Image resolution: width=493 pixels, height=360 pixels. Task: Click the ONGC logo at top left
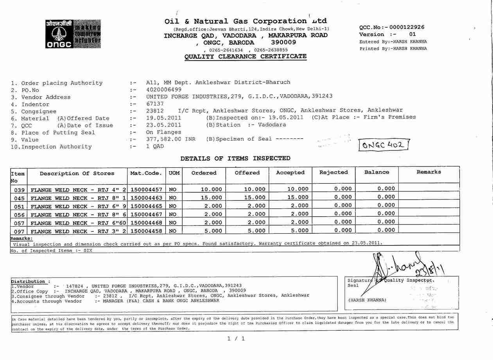tap(73, 34)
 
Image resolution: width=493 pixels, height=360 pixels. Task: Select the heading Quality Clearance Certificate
tap(246, 57)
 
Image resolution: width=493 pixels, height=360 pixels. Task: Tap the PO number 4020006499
tap(164, 90)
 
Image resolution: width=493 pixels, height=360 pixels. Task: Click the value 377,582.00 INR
tap(170, 139)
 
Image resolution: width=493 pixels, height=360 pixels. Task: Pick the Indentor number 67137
tap(155, 104)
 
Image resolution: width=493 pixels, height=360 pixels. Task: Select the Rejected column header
tap(333, 172)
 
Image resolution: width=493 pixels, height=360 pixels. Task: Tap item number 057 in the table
tap(19, 223)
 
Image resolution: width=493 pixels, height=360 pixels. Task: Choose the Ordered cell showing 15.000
tap(211, 198)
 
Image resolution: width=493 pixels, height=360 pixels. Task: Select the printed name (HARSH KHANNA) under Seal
tap(367, 300)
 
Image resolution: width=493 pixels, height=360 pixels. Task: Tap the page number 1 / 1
tap(236, 339)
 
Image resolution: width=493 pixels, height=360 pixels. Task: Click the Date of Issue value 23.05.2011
tap(163, 125)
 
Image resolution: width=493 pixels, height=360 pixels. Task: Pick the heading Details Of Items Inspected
tap(235, 158)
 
